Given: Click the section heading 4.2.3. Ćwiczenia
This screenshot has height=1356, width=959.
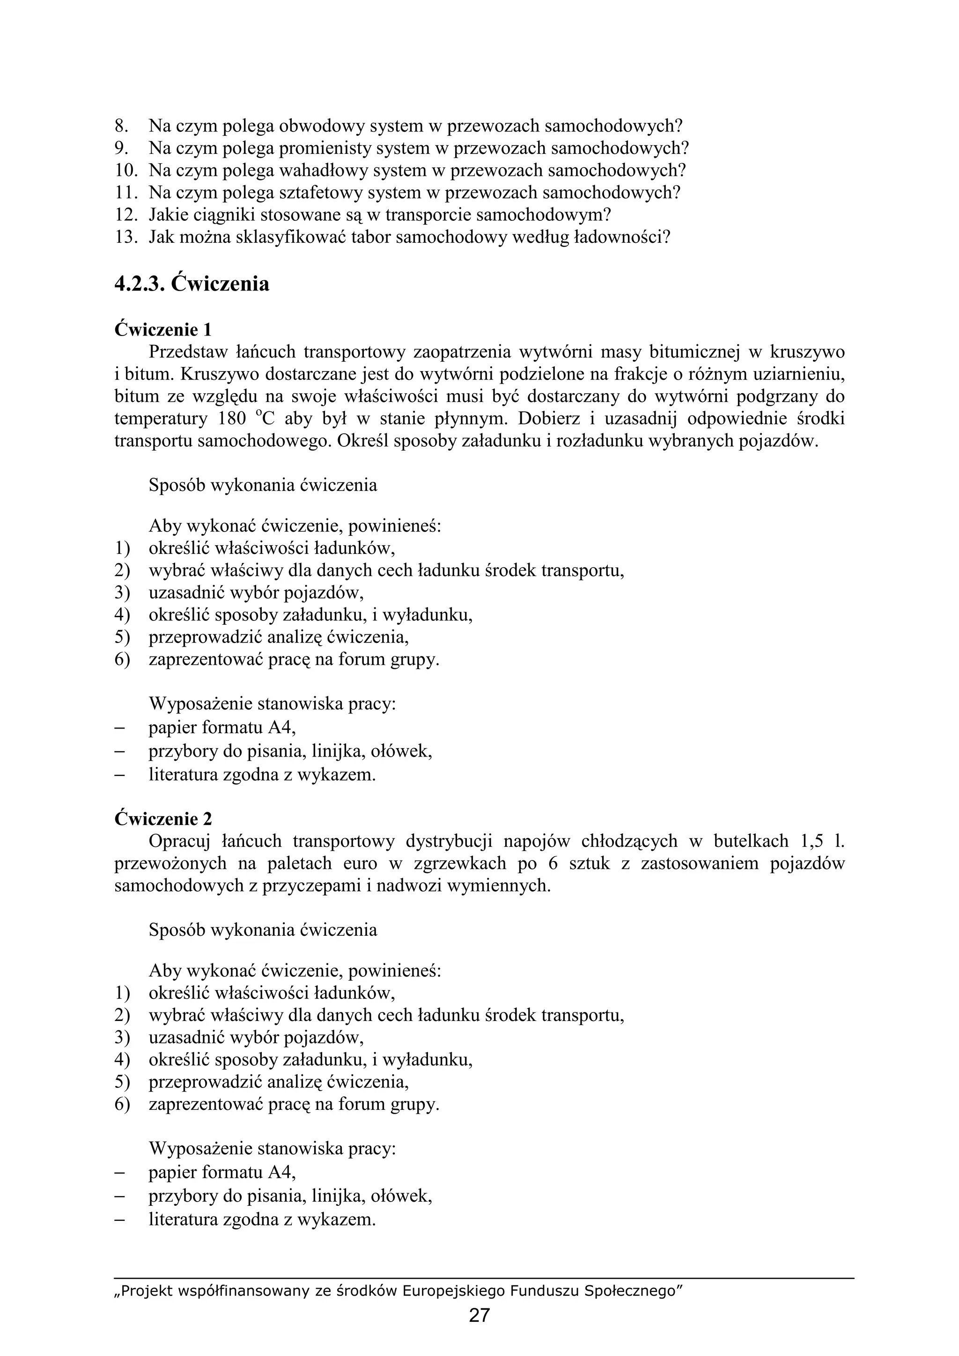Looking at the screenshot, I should [x=192, y=284].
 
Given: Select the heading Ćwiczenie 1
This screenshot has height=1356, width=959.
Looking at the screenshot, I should [x=163, y=329].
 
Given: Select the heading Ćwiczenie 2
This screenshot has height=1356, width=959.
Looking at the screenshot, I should [x=163, y=818].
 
